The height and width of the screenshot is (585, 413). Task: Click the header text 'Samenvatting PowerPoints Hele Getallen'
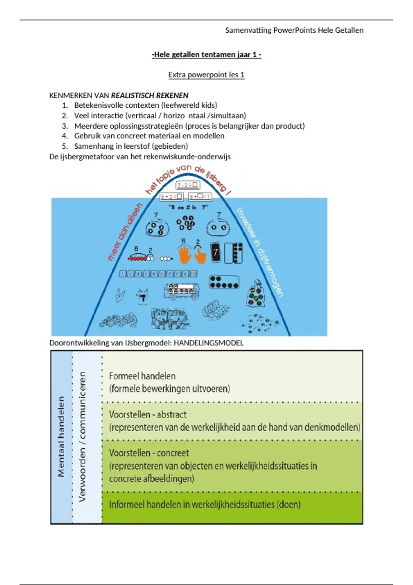pos(294,30)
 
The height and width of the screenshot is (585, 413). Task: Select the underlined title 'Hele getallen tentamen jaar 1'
pos(206,54)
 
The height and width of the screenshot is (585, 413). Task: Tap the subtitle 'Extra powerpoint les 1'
pos(206,75)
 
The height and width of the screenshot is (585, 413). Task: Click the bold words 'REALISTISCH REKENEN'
pos(150,95)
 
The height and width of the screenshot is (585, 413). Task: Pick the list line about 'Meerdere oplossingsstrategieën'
pos(189,126)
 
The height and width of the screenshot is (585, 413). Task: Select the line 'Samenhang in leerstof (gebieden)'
pos(131,146)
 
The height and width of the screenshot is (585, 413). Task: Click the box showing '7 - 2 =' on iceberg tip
pos(188,185)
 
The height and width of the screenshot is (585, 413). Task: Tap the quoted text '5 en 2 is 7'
pos(188,208)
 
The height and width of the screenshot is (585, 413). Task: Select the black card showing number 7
pos(215,253)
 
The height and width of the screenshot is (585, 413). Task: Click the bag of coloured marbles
pos(255,294)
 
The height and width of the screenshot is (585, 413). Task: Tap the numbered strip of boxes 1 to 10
pos(158,274)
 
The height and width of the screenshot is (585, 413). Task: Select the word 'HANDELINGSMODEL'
pos(208,343)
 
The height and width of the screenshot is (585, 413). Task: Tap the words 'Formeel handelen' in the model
pos(142,376)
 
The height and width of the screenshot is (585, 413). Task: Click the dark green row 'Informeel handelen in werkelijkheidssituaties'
pos(204,505)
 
